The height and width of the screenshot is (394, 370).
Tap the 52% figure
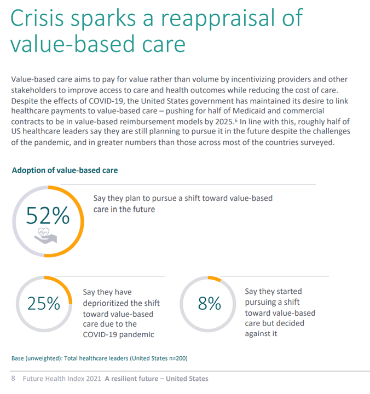coord(48,217)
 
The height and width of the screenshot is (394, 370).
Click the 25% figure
coord(43,303)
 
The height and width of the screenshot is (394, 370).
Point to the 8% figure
coord(209,303)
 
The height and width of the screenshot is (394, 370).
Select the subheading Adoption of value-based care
coord(65,170)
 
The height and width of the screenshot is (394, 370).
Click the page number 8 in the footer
coord(13,379)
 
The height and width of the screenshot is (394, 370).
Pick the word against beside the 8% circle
coord(257,334)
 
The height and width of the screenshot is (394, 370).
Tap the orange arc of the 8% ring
coord(215,278)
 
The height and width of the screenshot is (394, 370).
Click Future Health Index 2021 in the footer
coord(62,379)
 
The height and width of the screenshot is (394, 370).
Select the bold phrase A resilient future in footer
coord(132,379)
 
